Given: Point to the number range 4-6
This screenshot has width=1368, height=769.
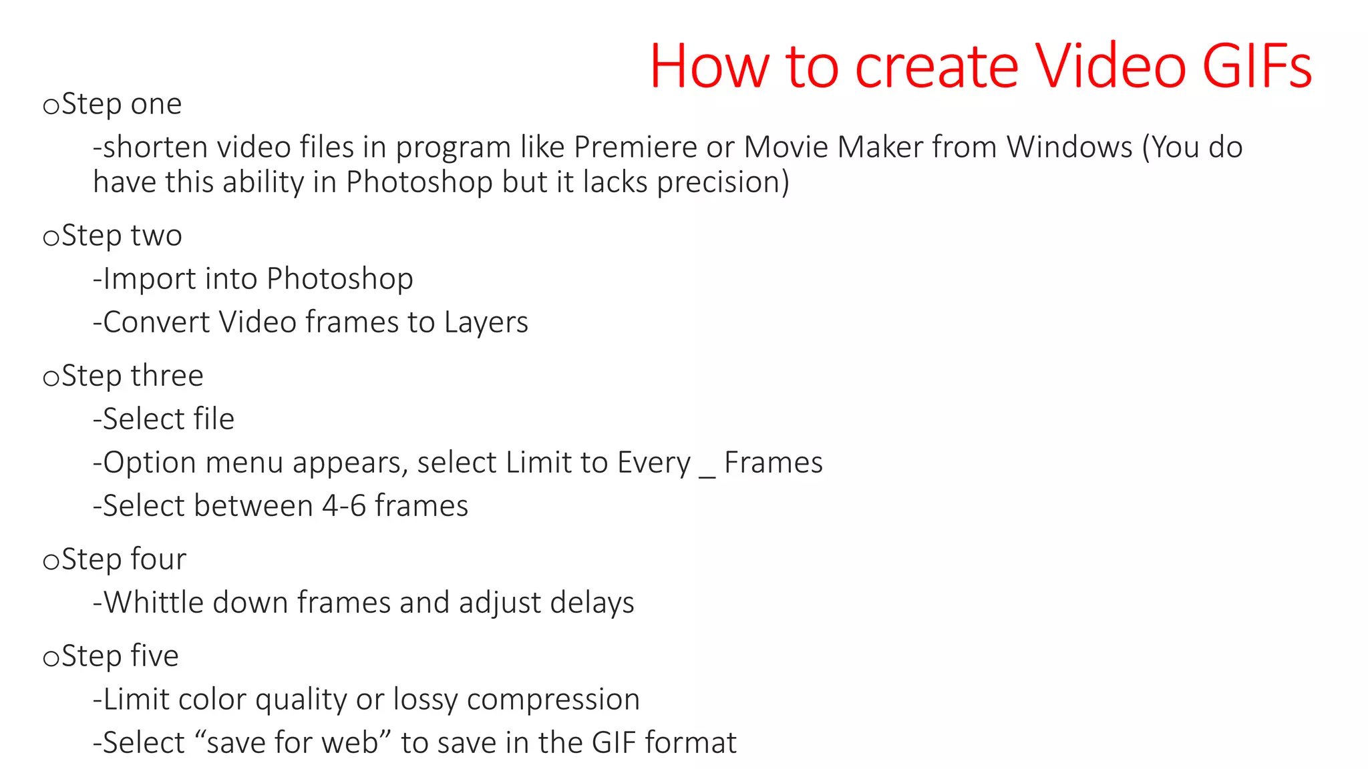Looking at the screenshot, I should coord(344,506).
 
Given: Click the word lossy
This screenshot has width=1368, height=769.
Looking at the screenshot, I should coord(425,700).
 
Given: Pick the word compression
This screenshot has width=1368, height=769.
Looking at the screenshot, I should coord(553,700).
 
